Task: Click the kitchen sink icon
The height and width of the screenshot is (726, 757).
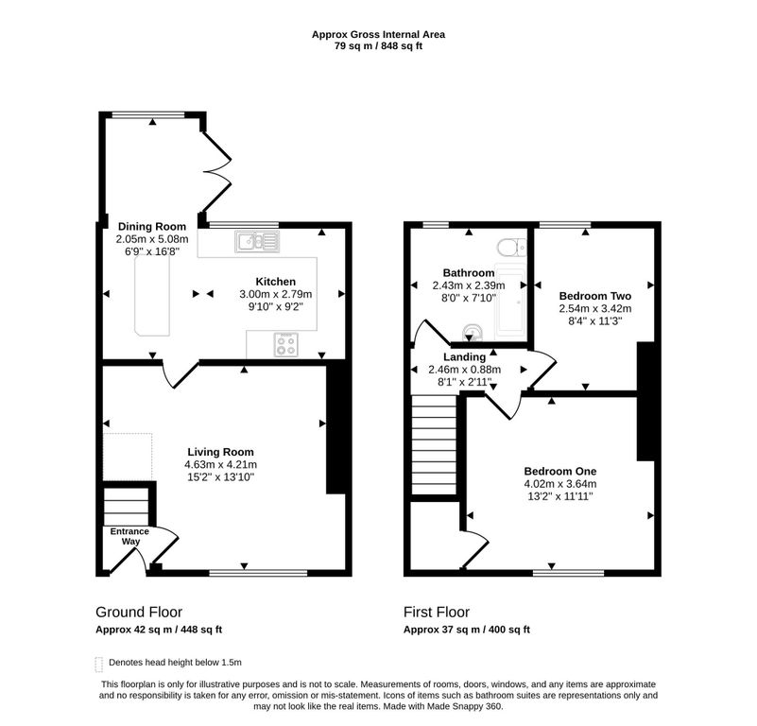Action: pyautogui.click(x=257, y=241)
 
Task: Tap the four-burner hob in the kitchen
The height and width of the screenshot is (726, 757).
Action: pyautogui.click(x=285, y=345)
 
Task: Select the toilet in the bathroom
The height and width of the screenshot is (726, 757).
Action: pyautogui.click(x=511, y=247)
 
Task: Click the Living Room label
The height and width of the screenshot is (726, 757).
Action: pyautogui.click(x=220, y=452)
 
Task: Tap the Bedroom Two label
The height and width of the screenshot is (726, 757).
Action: pyautogui.click(x=594, y=296)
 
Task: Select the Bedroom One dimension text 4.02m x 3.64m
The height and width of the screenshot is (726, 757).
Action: pyautogui.click(x=560, y=483)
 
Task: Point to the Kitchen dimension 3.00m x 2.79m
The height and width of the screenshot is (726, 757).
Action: pyautogui.click(x=276, y=294)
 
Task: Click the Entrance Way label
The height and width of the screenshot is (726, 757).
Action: pyautogui.click(x=129, y=536)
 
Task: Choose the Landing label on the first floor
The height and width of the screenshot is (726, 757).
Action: pyautogui.click(x=464, y=357)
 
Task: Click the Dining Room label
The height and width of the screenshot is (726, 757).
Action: pyautogui.click(x=152, y=227)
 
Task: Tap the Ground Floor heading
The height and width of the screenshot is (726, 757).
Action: pyautogui.click(x=139, y=612)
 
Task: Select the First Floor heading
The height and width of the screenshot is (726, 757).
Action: pyautogui.click(x=437, y=612)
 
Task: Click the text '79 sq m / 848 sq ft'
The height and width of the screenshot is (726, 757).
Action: pyautogui.click(x=378, y=46)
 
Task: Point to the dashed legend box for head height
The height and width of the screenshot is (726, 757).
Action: pyautogui.click(x=99, y=665)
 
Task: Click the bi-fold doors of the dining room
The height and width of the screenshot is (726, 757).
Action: pyautogui.click(x=216, y=171)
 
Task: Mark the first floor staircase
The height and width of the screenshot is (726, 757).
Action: pyautogui.click(x=434, y=445)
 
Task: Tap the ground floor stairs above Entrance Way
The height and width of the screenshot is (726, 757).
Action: pyautogui.click(x=127, y=507)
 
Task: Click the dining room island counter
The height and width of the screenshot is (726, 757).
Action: pyautogui.click(x=152, y=295)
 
